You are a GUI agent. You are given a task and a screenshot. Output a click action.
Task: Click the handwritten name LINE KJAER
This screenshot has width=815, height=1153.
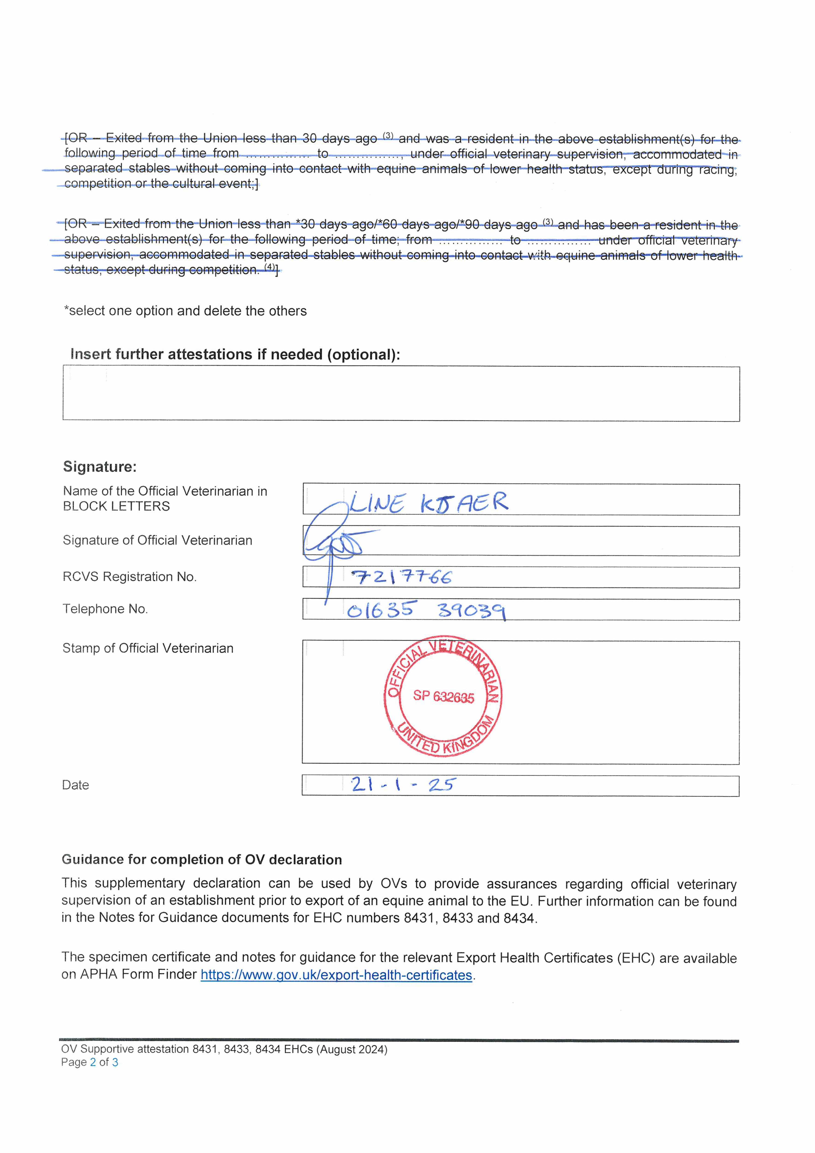(429, 503)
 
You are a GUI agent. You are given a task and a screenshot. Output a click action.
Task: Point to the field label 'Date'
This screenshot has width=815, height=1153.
(75, 785)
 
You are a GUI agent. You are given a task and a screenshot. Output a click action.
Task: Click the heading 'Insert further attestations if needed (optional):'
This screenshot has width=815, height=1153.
(235, 354)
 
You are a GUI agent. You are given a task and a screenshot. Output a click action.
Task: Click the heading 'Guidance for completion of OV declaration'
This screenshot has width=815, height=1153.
(201, 860)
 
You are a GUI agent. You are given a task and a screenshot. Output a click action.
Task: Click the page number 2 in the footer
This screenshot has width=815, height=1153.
(93, 1062)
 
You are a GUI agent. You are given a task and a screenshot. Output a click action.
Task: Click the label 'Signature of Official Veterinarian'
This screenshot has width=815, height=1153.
(157, 540)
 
